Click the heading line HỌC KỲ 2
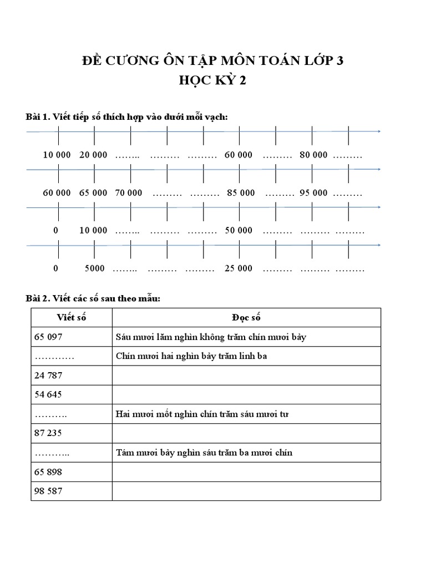tap(212, 81)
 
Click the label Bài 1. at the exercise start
tap(38, 116)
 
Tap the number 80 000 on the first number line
tap(313, 155)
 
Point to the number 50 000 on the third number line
tap(239, 230)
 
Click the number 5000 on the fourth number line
tap(95, 268)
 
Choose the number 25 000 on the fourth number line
tap(239, 268)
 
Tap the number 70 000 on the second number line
tap(128, 193)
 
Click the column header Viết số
tap(72, 318)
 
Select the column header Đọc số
tap(246, 318)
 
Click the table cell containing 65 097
tap(72, 337)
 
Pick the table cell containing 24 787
tap(72, 376)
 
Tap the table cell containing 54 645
tap(72, 395)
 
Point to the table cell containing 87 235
tap(72, 433)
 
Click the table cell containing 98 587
tap(72, 491)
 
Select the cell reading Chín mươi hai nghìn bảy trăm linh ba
tap(246, 356)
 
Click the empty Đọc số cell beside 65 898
tap(246, 472)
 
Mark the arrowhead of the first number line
tap(379, 131)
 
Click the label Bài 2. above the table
tap(38, 298)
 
